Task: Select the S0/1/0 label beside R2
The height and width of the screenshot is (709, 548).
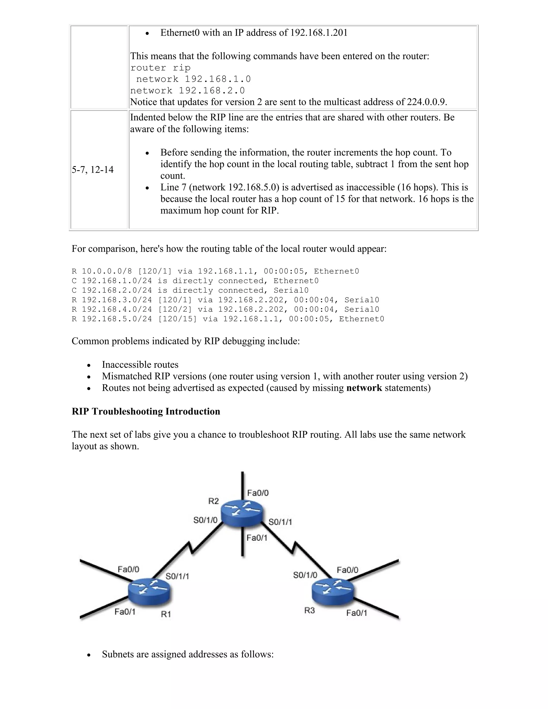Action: coord(205,520)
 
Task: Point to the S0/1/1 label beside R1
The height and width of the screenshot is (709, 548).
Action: coord(177,576)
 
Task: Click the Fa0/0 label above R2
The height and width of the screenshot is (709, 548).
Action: coord(258,493)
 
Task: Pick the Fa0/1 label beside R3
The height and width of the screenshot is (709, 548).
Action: coord(356,613)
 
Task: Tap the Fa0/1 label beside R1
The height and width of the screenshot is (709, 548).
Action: coord(125,612)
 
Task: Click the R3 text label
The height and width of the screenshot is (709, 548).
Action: coord(309,611)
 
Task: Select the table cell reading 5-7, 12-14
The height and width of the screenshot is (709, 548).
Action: coord(93,170)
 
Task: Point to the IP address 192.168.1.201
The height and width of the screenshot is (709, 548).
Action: coord(318,33)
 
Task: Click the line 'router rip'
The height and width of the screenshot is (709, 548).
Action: coord(160,68)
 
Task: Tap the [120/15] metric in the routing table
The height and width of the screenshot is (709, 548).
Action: coord(177,319)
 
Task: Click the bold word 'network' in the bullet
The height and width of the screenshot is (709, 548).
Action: coord(364,388)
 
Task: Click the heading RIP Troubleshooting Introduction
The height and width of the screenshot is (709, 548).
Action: coord(146,411)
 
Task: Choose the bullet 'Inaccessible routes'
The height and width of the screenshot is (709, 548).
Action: coord(140,365)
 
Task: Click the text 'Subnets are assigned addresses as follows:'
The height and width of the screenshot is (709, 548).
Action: coord(188,654)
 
